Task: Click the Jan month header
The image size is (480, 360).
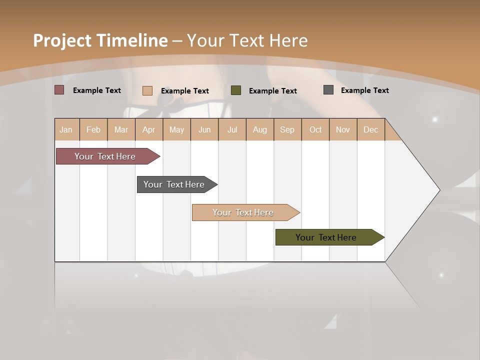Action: click(66, 129)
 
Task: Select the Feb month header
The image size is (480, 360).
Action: click(93, 129)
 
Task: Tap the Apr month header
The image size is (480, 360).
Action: click(149, 129)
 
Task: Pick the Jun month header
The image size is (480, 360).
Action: click(204, 129)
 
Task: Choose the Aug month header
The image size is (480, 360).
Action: click(260, 129)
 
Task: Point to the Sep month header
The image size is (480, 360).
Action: click(287, 129)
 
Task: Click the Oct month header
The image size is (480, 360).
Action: click(315, 129)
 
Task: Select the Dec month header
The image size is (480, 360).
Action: click(371, 129)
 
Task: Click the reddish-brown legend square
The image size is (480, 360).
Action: click(59, 90)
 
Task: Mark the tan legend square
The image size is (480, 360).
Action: click(147, 90)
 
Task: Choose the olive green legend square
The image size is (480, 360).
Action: click(236, 90)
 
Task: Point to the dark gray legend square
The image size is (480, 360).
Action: click(328, 90)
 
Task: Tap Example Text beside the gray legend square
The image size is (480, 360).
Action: click(364, 90)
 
